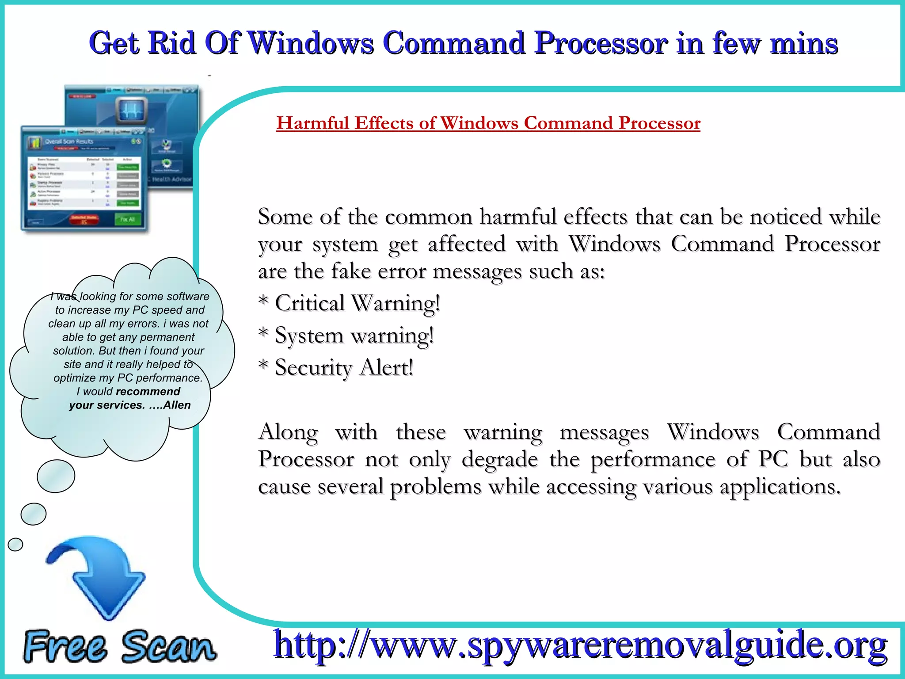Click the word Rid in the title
tap(171, 43)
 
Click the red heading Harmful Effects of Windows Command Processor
tap(488, 123)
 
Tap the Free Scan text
tap(119, 646)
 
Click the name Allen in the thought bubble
tap(177, 405)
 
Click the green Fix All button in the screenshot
tap(127, 219)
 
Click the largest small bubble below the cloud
tap(56, 476)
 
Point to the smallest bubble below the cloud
tap(15, 544)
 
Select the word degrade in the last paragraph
tap(499, 459)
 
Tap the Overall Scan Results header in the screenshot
tap(69, 141)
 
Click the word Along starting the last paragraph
tap(288, 432)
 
